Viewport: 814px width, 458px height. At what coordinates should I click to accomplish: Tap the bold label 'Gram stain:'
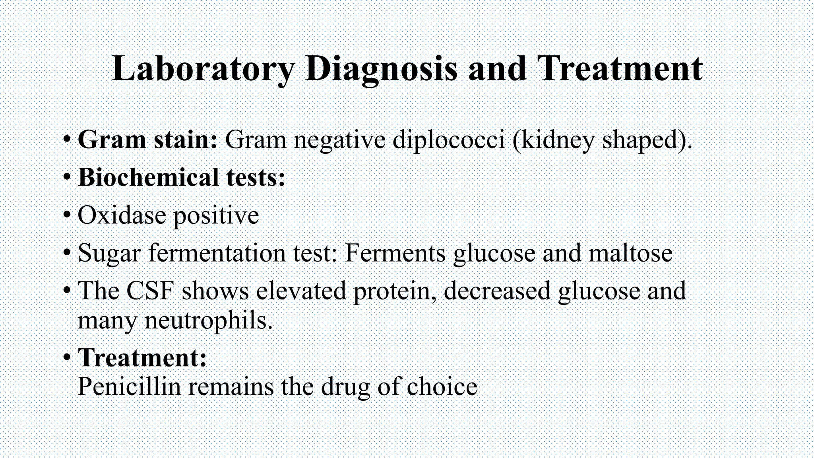147,140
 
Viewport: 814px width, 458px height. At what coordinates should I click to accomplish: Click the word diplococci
449,140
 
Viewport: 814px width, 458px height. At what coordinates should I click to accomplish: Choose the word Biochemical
148,177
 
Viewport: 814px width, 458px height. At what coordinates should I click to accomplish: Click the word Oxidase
122,215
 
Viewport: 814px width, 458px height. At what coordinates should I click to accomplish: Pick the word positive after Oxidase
216,215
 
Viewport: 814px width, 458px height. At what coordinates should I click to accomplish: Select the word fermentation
217,253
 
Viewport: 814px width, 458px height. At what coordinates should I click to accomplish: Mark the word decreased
497,291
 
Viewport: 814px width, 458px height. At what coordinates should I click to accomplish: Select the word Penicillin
129,386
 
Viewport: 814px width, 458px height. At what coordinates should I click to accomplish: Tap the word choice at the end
442,386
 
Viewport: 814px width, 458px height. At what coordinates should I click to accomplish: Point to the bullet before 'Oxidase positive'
67,215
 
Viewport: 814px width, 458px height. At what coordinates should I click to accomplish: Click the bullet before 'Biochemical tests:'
67,177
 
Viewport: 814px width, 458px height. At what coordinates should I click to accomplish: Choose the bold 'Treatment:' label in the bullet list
142,357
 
